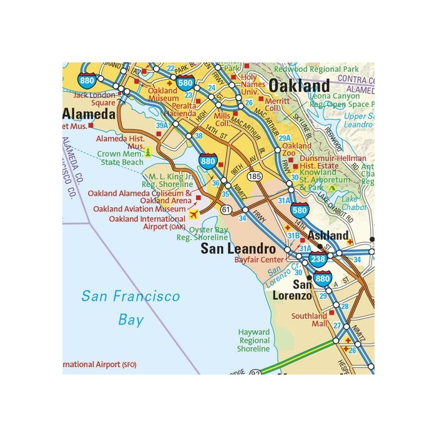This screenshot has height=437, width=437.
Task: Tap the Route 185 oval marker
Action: point(254,177)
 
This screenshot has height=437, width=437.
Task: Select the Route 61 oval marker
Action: point(225,209)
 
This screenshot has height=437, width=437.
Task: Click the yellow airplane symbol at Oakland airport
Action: point(194,214)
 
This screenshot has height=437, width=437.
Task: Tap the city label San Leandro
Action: point(238,248)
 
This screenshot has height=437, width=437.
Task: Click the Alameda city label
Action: point(89,114)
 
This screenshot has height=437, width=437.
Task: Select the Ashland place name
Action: point(327,235)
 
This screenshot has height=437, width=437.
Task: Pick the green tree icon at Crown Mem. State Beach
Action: point(148,152)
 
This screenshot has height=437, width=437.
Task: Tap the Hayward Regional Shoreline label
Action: point(253,340)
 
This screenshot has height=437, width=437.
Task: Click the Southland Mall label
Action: point(310,320)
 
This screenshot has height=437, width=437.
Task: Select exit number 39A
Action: point(162,125)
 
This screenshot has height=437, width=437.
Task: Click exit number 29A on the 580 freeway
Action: point(285,138)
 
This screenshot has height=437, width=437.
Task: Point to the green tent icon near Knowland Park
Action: point(332,187)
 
